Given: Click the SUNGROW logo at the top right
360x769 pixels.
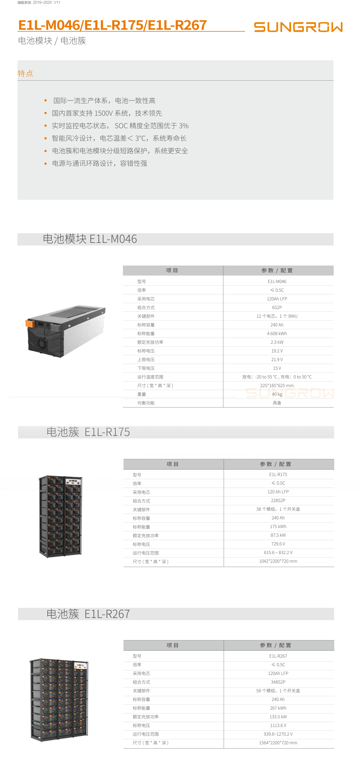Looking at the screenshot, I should [x=298, y=27].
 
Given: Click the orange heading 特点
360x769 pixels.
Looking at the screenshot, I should [x=25, y=73].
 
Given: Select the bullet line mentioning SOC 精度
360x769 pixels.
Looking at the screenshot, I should [x=120, y=126].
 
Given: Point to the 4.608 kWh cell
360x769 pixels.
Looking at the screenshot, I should [x=277, y=333].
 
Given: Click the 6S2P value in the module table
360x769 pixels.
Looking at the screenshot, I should [x=277, y=307].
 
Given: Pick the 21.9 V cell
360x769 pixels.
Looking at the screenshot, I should [x=277, y=359].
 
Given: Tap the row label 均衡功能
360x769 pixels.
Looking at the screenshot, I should [x=146, y=403].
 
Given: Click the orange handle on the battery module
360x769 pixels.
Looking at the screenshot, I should [x=30, y=323].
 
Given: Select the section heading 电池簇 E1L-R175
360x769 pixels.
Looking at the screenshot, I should [x=88, y=432].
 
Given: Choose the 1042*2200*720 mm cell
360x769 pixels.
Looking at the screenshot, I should [x=278, y=561].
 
